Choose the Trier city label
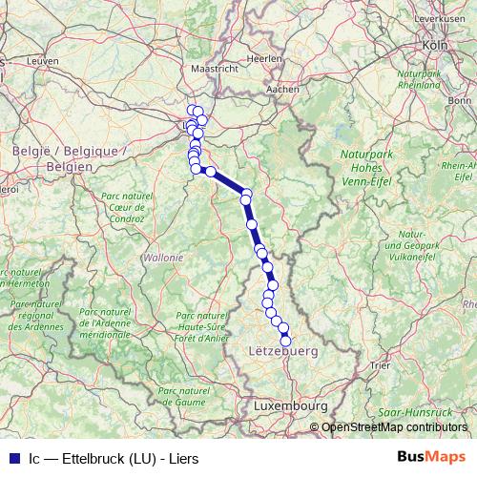pyautogui.click(x=381, y=364)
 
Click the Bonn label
pyautogui.click(x=460, y=100)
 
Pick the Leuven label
pyautogui.click(x=44, y=59)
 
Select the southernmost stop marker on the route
pyautogui.click(x=285, y=341)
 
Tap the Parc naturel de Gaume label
pyautogui.click(x=181, y=396)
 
